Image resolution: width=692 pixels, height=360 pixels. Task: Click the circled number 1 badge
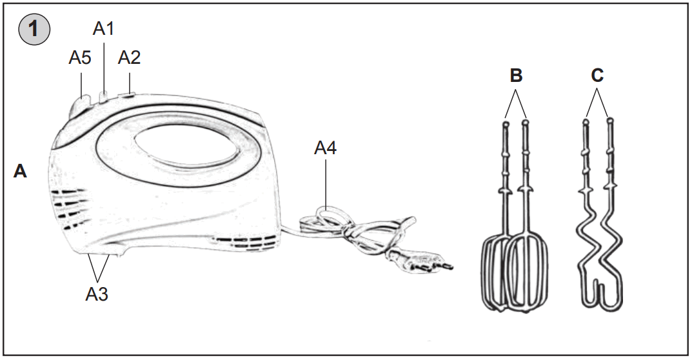point(34,32)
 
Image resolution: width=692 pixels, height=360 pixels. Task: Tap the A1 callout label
point(104,28)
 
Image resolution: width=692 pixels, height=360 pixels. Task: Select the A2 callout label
point(129,57)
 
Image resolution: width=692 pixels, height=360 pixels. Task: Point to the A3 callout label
point(97,294)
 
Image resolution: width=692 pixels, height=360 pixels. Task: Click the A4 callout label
point(325,148)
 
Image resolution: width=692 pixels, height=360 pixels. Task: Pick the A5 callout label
point(80,57)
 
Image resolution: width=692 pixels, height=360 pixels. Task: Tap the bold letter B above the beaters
point(516,75)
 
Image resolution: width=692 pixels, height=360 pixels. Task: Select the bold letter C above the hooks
point(598,75)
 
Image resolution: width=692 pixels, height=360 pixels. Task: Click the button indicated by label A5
point(82,103)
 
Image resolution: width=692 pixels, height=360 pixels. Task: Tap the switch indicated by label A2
point(128,96)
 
